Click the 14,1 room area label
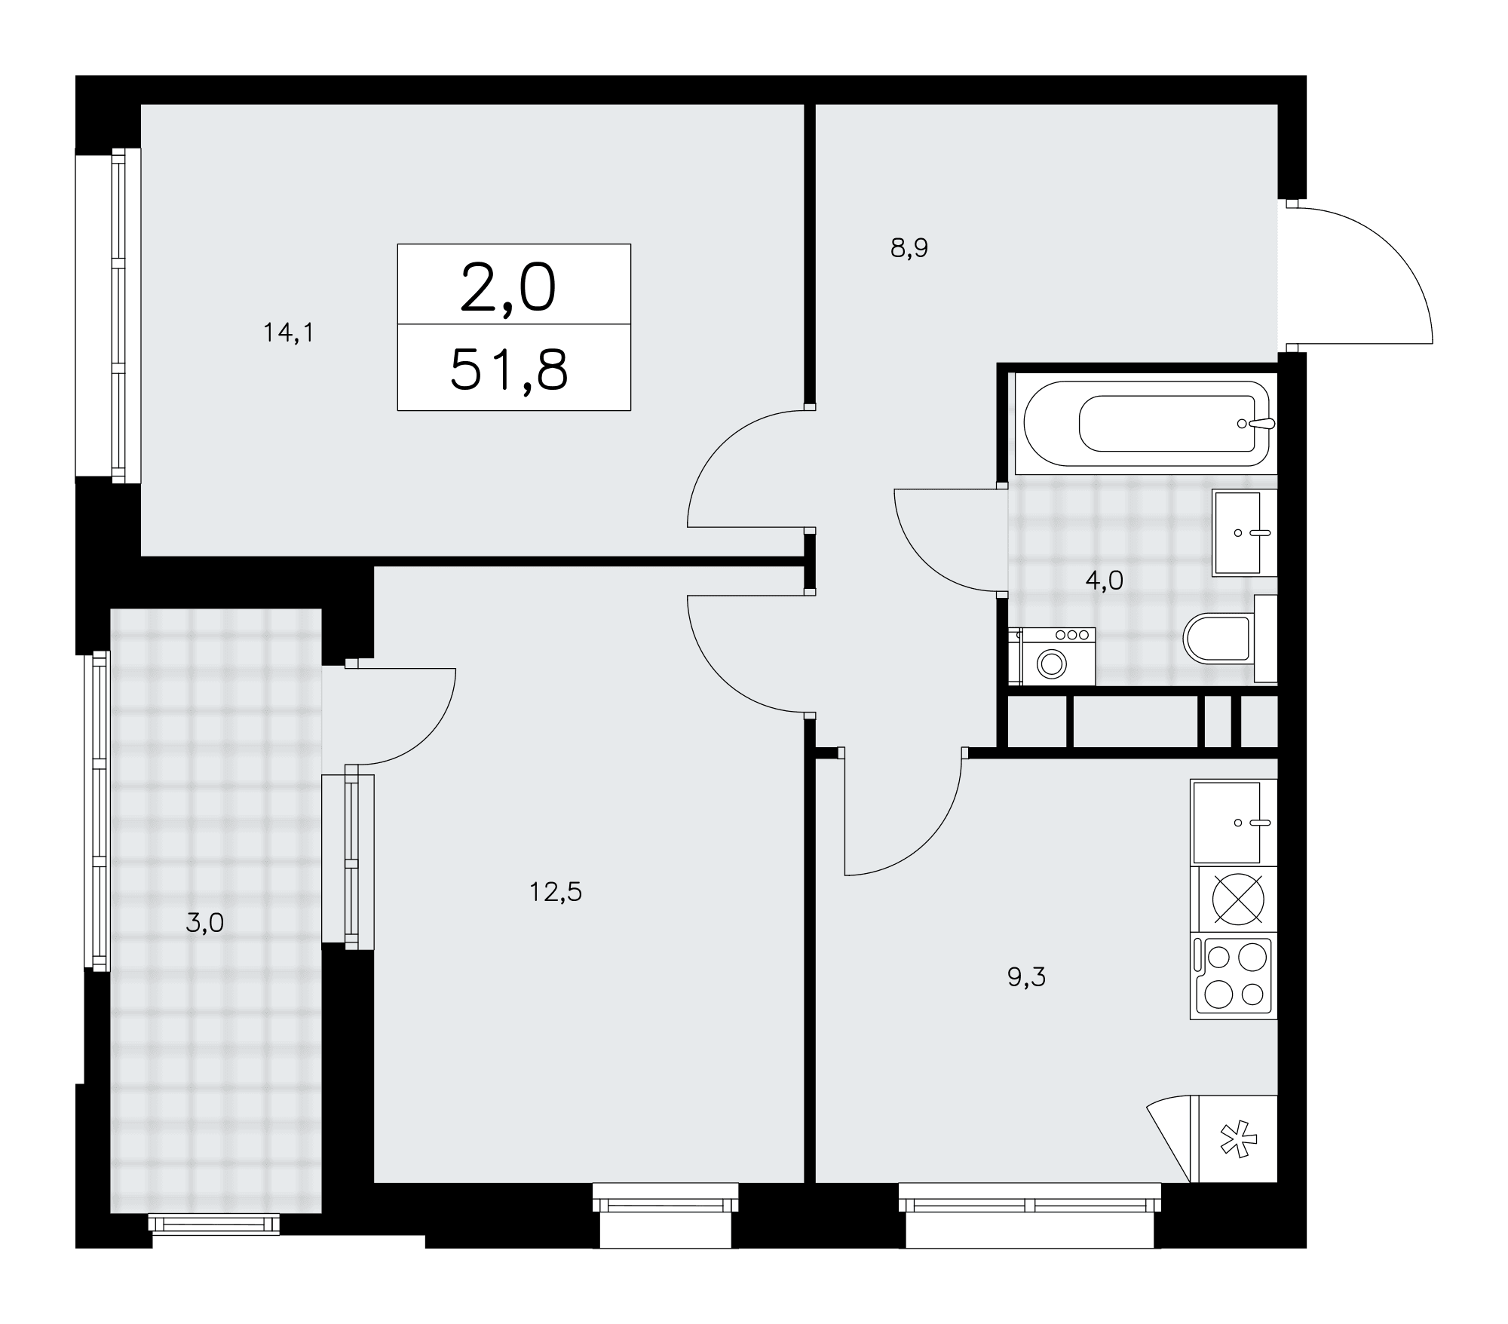tap(288, 333)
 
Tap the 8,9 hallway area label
tap(909, 248)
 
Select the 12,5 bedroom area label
tap(556, 893)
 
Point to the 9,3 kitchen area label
tap(1027, 977)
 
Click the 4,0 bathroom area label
tap(1105, 581)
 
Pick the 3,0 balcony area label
tap(205, 923)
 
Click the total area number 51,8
tap(509, 370)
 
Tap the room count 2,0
tap(508, 289)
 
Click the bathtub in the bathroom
tap(1146, 424)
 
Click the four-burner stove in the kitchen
tap(1234, 977)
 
